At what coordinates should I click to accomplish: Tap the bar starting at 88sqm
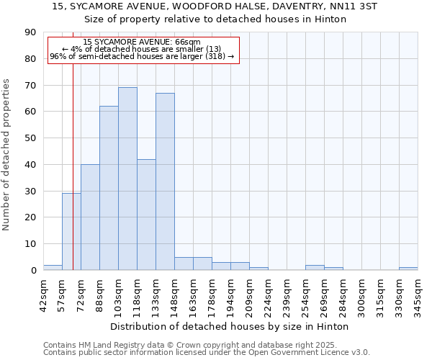109,188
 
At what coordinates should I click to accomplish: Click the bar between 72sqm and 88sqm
90,217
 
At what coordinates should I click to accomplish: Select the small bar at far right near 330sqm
408,269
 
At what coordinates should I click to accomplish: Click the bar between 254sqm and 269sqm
315,267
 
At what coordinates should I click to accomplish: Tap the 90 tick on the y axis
31,32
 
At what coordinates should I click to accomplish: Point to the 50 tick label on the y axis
31,138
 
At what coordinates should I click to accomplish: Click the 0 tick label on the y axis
33,271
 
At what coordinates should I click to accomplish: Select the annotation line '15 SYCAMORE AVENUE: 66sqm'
142,42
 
